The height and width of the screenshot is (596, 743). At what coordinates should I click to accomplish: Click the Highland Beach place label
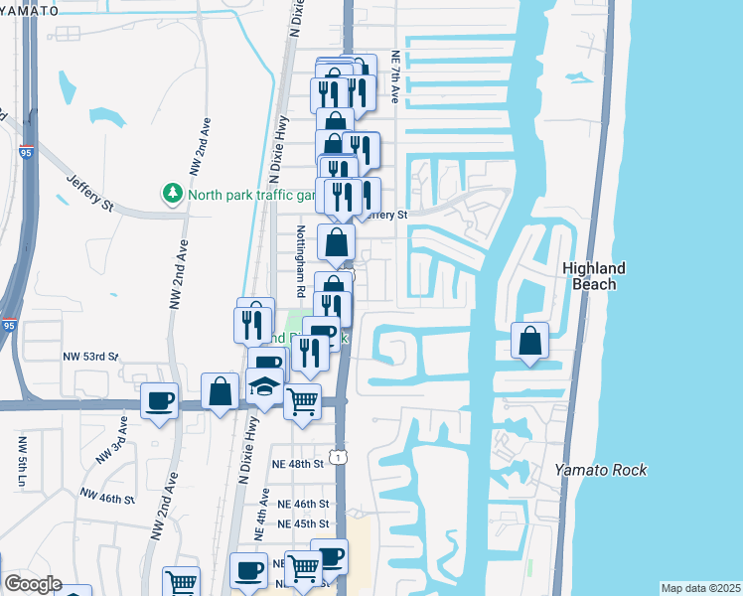tap(594, 276)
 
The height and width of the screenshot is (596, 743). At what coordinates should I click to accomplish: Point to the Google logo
tap(32, 584)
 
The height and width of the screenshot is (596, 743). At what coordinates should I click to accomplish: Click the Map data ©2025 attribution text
tap(699, 588)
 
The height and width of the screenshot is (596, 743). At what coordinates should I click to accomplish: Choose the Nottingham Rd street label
tap(299, 261)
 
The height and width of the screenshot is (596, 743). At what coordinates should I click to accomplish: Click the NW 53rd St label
tap(90, 355)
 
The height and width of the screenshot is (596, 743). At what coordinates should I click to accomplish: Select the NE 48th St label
tap(299, 464)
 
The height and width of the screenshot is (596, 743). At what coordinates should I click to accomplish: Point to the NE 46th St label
tap(303, 505)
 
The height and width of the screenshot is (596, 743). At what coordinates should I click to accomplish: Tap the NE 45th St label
tap(303, 523)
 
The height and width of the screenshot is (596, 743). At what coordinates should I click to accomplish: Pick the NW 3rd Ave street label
tap(111, 440)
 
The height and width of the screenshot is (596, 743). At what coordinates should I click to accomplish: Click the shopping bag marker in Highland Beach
tap(530, 341)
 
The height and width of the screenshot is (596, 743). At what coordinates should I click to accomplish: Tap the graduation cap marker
tap(264, 386)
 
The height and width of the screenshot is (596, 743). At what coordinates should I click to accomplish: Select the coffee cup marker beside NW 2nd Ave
tap(159, 400)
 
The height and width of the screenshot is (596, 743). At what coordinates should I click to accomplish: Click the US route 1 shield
tap(341, 456)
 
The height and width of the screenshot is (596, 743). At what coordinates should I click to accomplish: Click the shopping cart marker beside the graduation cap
tap(303, 402)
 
